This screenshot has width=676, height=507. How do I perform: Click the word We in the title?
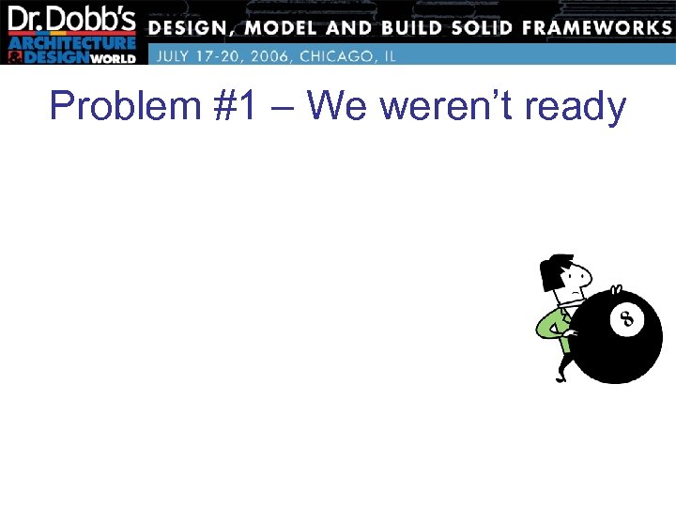[335, 107]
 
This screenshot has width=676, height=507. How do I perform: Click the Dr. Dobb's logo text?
[72, 20]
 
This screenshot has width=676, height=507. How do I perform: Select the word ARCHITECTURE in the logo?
[72, 43]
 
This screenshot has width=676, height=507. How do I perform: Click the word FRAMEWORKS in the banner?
[597, 27]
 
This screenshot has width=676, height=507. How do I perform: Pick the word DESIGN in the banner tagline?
[192, 27]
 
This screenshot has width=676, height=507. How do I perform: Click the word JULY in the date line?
[174, 55]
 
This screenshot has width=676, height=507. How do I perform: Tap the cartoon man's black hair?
[556, 270]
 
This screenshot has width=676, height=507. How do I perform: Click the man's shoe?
[561, 376]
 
